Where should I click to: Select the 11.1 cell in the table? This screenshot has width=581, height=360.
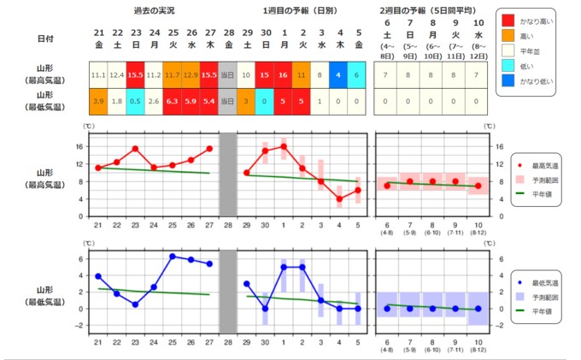pyautogui.click(x=97, y=75)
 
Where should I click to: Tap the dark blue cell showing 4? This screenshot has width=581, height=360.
pyautogui.click(x=338, y=75)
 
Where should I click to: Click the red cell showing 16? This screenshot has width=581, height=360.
pyautogui.click(x=284, y=75)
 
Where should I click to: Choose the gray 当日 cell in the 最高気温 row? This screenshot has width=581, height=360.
pyautogui.click(x=228, y=75)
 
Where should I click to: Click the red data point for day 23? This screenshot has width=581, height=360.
pyautogui.click(x=135, y=149)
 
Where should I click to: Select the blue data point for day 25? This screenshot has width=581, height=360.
pyautogui.click(x=172, y=257)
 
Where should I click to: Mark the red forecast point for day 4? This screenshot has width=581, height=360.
pyautogui.click(x=338, y=198)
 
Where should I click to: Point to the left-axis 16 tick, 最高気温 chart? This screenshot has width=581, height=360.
pyautogui.click(x=79, y=146)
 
